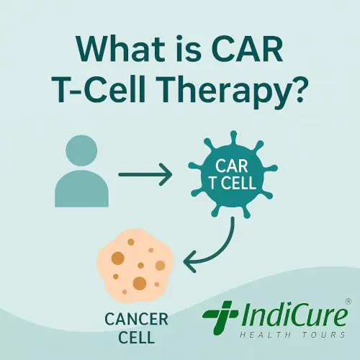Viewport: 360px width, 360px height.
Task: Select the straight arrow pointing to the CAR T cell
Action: coord(146,174)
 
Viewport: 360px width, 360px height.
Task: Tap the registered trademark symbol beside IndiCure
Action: coord(348,301)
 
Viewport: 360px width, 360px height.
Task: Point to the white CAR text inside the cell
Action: coord(228,163)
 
